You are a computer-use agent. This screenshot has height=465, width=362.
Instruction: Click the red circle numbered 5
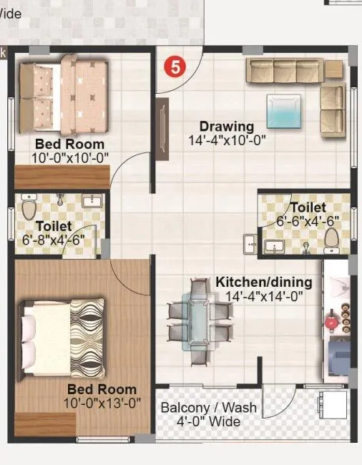[x=175, y=67]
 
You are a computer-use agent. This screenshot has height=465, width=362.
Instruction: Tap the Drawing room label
[x=227, y=127]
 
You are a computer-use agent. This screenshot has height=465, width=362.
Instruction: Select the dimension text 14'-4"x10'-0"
[x=227, y=140]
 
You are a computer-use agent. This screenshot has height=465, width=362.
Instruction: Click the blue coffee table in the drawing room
[x=285, y=111]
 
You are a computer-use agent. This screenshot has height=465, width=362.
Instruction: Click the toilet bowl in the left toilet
[x=29, y=209]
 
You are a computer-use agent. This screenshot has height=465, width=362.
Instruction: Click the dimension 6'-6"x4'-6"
[x=308, y=220]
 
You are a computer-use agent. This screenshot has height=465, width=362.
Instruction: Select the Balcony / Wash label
[x=208, y=408]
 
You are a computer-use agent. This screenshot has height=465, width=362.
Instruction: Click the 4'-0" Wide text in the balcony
[x=208, y=421]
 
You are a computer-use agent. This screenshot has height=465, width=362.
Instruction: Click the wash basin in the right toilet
[x=273, y=247]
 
